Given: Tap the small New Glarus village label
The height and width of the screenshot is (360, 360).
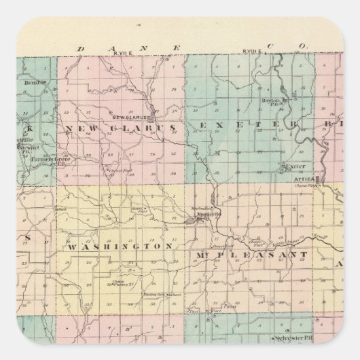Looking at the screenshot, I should point(126,116).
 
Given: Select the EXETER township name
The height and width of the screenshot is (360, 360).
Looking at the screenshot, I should point(249,126).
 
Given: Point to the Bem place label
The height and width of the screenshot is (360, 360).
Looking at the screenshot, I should point(36,82).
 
